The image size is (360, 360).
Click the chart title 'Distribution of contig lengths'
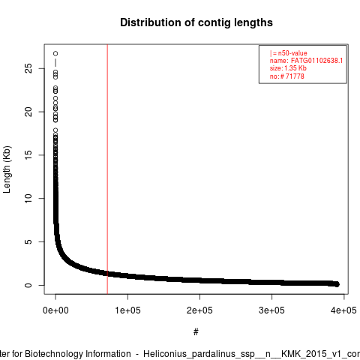[196, 22]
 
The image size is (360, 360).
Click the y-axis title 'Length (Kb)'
[7, 169]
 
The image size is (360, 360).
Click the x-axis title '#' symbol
[196, 331]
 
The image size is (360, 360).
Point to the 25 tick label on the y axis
[28, 68]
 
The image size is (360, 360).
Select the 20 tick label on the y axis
[28, 112]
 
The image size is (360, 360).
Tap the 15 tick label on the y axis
[28, 155]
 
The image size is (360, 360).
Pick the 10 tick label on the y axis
[28, 198]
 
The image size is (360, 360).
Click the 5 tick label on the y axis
[28, 241]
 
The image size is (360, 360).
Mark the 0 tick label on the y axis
[28, 285]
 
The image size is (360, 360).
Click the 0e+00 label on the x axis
[55, 310]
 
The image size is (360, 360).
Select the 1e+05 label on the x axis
[127, 310]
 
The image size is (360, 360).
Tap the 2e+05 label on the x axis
[199, 310]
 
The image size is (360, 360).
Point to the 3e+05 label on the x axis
[271, 310]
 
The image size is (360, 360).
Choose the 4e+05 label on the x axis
[343, 310]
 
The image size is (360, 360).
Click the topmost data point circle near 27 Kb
[55, 53]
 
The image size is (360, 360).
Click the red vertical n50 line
[107, 169]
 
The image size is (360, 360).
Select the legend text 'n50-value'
[292, 53]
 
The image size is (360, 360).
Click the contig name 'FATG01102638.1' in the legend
[316, 61]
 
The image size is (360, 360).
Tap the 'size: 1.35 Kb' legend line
[288, 68]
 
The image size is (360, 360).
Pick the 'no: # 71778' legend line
[287, 76]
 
